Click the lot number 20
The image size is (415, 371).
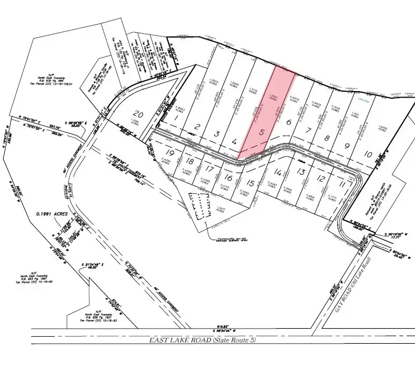[139, 114]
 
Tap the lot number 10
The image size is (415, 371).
[368, 154]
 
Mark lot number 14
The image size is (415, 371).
[278, 173]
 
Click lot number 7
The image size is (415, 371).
[308, 131]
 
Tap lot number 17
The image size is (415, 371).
[210, 169]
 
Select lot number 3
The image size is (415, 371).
[216, 133]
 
